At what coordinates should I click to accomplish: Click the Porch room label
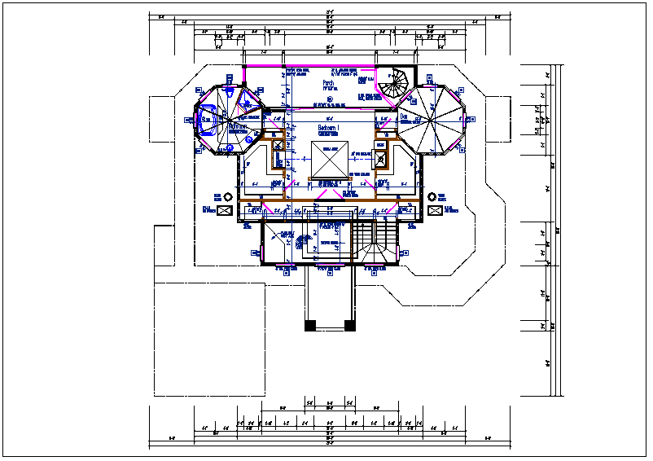pos(328,83)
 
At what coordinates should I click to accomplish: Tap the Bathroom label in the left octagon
pos(238,127)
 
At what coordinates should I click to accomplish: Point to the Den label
pos(404,116)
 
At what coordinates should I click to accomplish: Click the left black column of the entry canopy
pos(309,325)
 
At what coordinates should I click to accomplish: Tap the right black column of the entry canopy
pos(350,325)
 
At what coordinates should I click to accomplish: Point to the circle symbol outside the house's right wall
pos(432,196)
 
